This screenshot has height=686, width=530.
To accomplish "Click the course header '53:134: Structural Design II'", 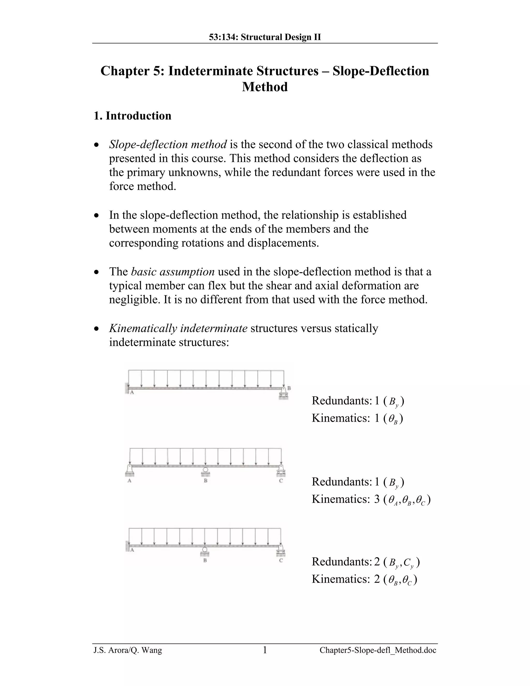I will coord(265,37).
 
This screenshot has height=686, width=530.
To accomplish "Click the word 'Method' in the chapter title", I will coord(265,87).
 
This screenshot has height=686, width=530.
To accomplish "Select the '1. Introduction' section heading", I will coord(132,116).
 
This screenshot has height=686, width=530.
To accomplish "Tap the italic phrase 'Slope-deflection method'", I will coord(168,144).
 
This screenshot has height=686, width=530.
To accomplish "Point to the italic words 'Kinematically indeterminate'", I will coord(178,328).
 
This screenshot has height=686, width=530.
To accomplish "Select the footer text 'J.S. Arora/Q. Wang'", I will coord(128,651).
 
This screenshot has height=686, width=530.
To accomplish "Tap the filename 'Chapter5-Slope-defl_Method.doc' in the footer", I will coord(378,651).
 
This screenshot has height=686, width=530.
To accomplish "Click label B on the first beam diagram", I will coord(289,388).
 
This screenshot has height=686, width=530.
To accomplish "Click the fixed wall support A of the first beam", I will coord(127,388).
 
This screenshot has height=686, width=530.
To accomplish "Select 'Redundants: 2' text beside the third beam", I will coord(345,562).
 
